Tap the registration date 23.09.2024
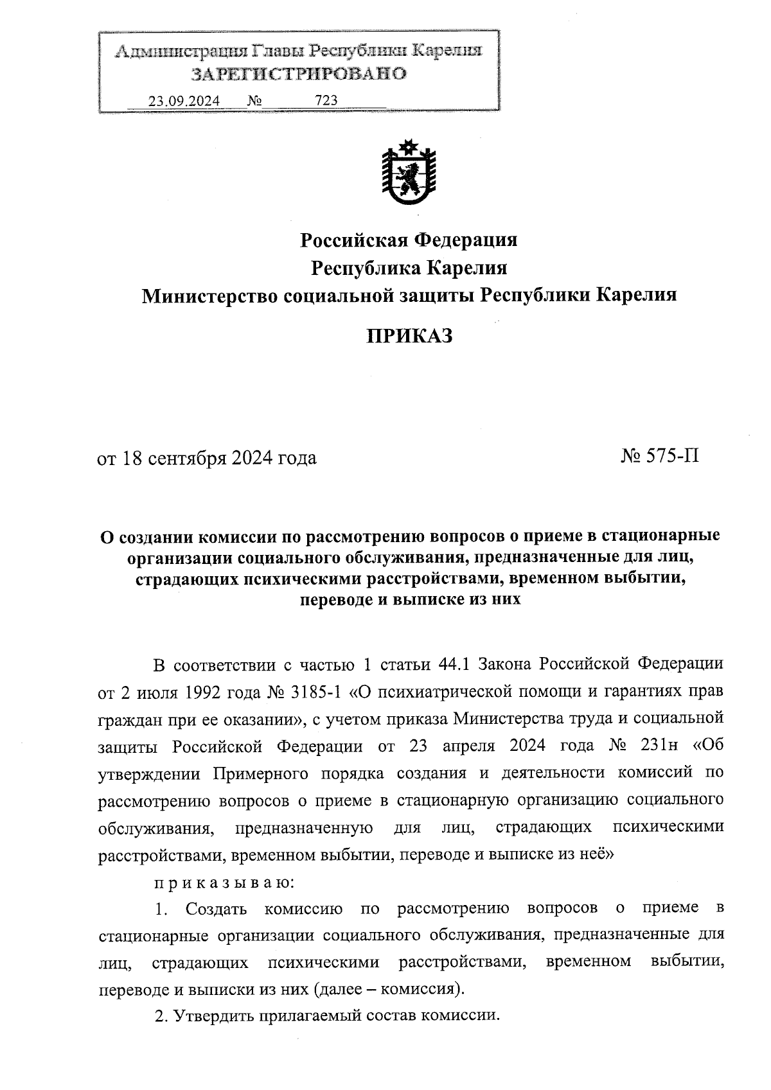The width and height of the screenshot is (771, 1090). click(x=184, y=101)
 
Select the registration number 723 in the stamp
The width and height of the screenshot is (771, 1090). click(x=326, y=101)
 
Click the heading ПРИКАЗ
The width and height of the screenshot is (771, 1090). click(x=409, y=335)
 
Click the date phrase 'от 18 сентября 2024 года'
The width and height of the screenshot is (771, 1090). click(x=207, y=458)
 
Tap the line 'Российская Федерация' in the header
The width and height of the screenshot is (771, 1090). click(x=409, y=240)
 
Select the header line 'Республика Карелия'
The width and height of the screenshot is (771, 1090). click(x=409, y=268)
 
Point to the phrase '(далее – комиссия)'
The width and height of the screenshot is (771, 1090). click(x=389, y=988)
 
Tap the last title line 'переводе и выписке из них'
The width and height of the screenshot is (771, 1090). click(x=409, y=601)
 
